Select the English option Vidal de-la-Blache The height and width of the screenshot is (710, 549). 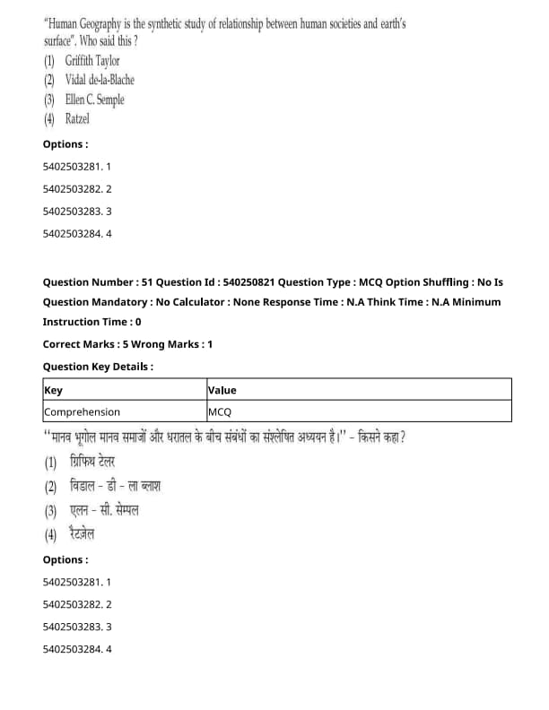(x=100, y=80)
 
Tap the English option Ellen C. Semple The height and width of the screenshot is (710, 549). (x=94, y=100)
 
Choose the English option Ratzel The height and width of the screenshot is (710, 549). (x=77, y=118)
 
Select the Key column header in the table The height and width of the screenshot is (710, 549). (x=53, y=390)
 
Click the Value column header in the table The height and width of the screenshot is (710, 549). (x=222, y=390)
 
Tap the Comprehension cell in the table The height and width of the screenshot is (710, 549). (x=82, y=411)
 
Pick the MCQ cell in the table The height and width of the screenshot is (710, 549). (x=220, y=411)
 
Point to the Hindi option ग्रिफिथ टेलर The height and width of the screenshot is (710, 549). (x=91, y=463)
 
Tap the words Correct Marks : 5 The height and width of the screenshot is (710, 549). (x=91, y=343)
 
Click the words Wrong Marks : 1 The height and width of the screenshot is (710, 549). (x=179, y=343)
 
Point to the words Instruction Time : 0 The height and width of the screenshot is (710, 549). (x=91, y=322)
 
